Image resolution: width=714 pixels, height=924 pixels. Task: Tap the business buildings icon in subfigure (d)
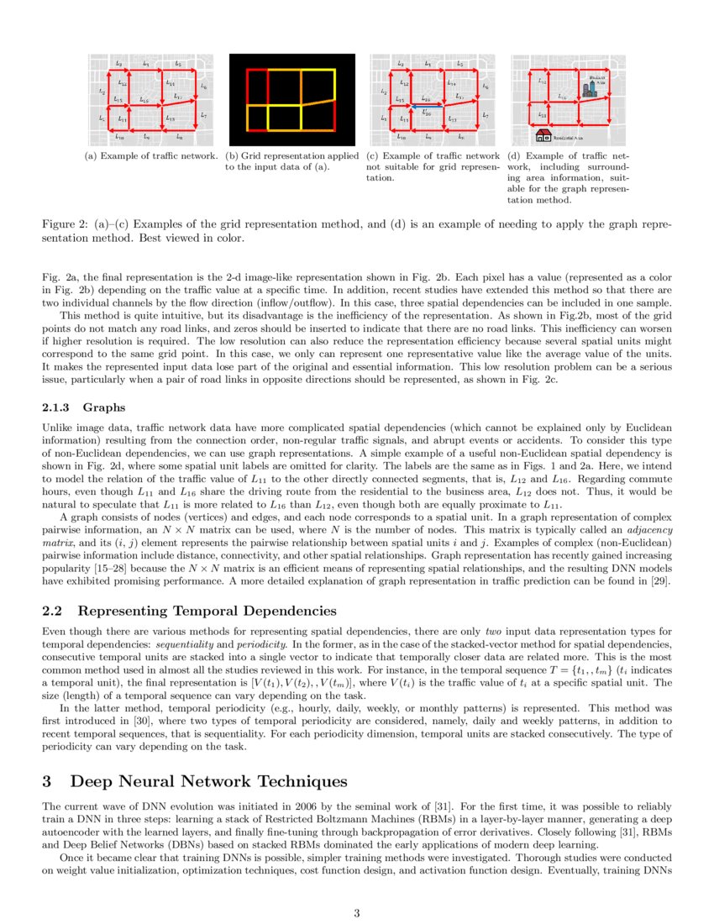coord(588,90)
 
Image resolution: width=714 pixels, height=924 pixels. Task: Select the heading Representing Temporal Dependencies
coord(209,610)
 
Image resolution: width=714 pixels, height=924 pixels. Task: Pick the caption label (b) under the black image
coord(232,156)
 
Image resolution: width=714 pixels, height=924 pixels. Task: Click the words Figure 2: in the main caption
coord(65,225)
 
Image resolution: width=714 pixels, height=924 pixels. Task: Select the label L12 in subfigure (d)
coord(542,81)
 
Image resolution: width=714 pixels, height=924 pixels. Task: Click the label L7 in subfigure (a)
coord(204,115)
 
